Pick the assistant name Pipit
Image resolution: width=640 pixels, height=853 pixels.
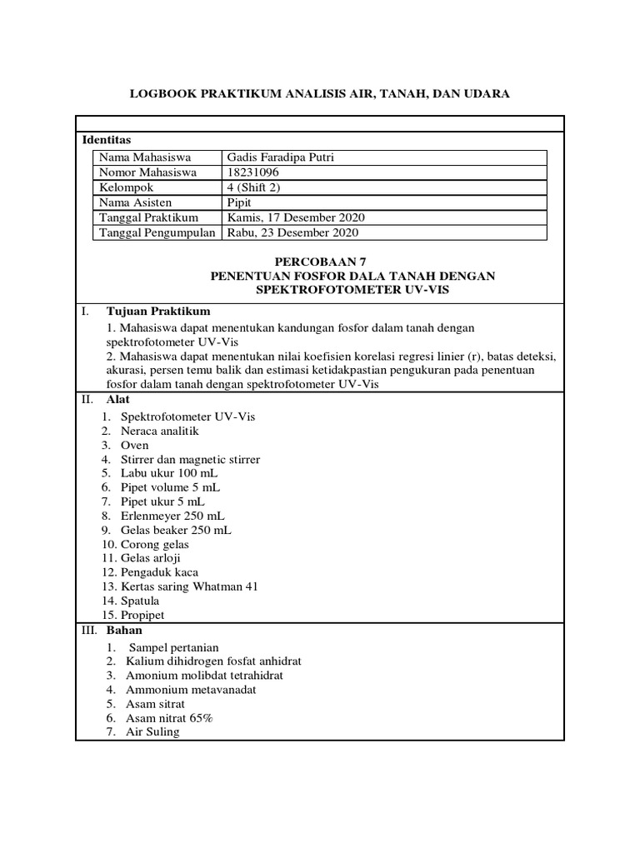(240, 202)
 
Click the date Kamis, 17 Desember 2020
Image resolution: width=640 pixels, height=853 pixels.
(296, 217)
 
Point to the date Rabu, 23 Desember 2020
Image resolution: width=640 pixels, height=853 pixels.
(293, 232)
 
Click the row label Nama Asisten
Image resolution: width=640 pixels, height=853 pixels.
(134, 202)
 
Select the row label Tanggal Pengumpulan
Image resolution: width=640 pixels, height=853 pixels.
(157, 232)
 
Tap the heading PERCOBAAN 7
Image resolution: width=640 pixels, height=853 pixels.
(319, 261)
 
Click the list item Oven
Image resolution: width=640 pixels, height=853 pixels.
(135, 445)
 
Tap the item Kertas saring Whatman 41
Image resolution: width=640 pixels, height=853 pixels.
(189, 586)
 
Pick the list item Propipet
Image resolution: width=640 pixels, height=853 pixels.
(142, 615)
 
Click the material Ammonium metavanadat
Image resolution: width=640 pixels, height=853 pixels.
(191, 690)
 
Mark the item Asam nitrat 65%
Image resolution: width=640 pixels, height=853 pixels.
(169, 718)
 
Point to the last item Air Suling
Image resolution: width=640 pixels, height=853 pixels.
(152, 732)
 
